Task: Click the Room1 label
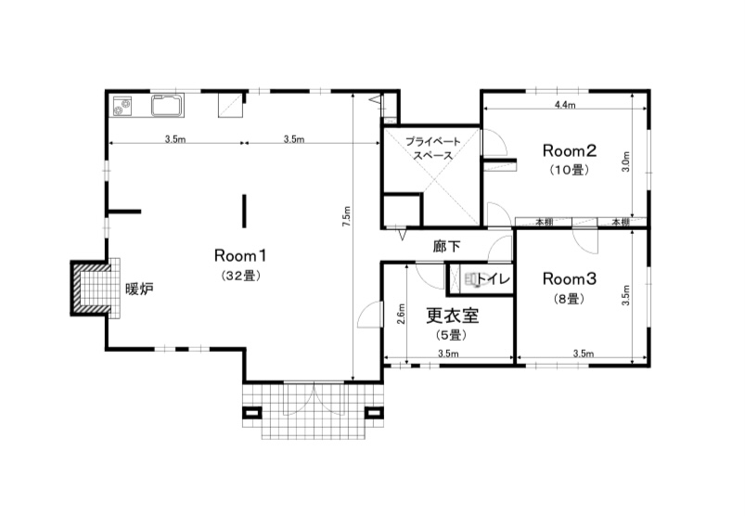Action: [x=240, y=255]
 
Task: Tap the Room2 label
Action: [x=570, y=150]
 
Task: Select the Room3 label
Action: [x=570, y=278]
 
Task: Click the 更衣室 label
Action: [x=452, y=315]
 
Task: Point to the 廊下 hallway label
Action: [x=446, y=246]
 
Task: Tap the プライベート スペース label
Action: [x=433, y=148]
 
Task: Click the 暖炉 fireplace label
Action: [x=139, y=289]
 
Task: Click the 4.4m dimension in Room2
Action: [x=565, y=105]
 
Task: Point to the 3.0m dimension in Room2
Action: [x=625, y=161]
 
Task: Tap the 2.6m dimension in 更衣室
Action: [x=401, y=314]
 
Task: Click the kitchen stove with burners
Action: [x=123, y=106]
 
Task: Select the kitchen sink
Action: [x=168, y=106]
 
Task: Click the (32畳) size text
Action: [x=241, y=276]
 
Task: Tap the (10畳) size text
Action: [x=570, y=170]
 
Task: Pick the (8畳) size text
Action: [x=569, y=299]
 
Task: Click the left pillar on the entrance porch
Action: [x=251, y=412]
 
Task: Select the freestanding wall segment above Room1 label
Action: [x=244, y=211]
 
